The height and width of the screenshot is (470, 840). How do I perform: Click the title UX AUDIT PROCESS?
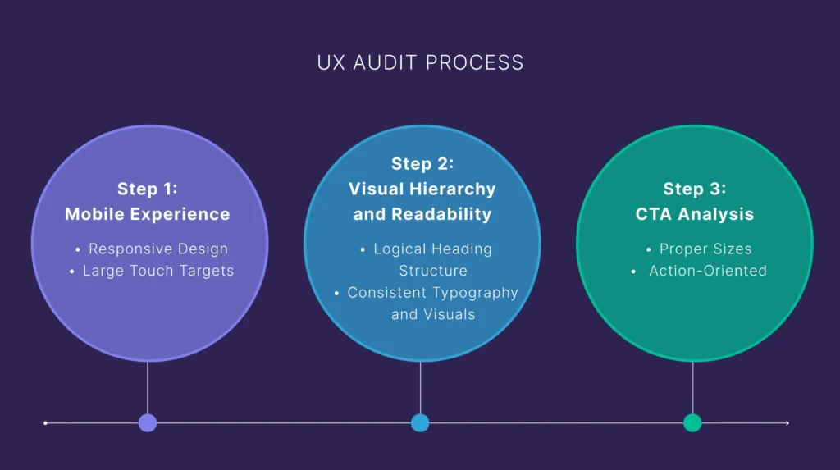click(x=420, y=63)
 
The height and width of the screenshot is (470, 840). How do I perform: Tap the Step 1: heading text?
click(x=148, y=189)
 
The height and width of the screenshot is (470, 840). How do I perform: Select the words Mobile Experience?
click(x=148, y=215)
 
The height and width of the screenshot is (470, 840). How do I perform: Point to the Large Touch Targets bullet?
click(x=157, y=271)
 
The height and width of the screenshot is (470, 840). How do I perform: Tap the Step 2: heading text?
click(x=422, y=163)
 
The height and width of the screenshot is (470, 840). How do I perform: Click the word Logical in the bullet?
click(x=399, y=249)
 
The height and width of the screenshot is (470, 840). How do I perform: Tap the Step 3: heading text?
click(x=694, y=189)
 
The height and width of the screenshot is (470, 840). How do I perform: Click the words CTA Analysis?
click(x=694, y=215)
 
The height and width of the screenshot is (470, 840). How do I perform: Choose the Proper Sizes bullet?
click(x=705, y=249)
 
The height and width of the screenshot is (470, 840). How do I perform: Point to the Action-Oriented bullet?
click(x=707, y=271)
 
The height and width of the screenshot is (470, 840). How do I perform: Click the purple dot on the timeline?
click(x=148, y=423)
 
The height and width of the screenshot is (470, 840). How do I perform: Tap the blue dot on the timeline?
click(x=420, y=423)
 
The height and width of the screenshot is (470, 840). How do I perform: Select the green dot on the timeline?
click(x=692, y=423)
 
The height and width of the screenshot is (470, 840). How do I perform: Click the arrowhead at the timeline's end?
click(x=787, y=423)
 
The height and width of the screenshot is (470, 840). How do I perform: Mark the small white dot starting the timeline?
click(x=45, y=423)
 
